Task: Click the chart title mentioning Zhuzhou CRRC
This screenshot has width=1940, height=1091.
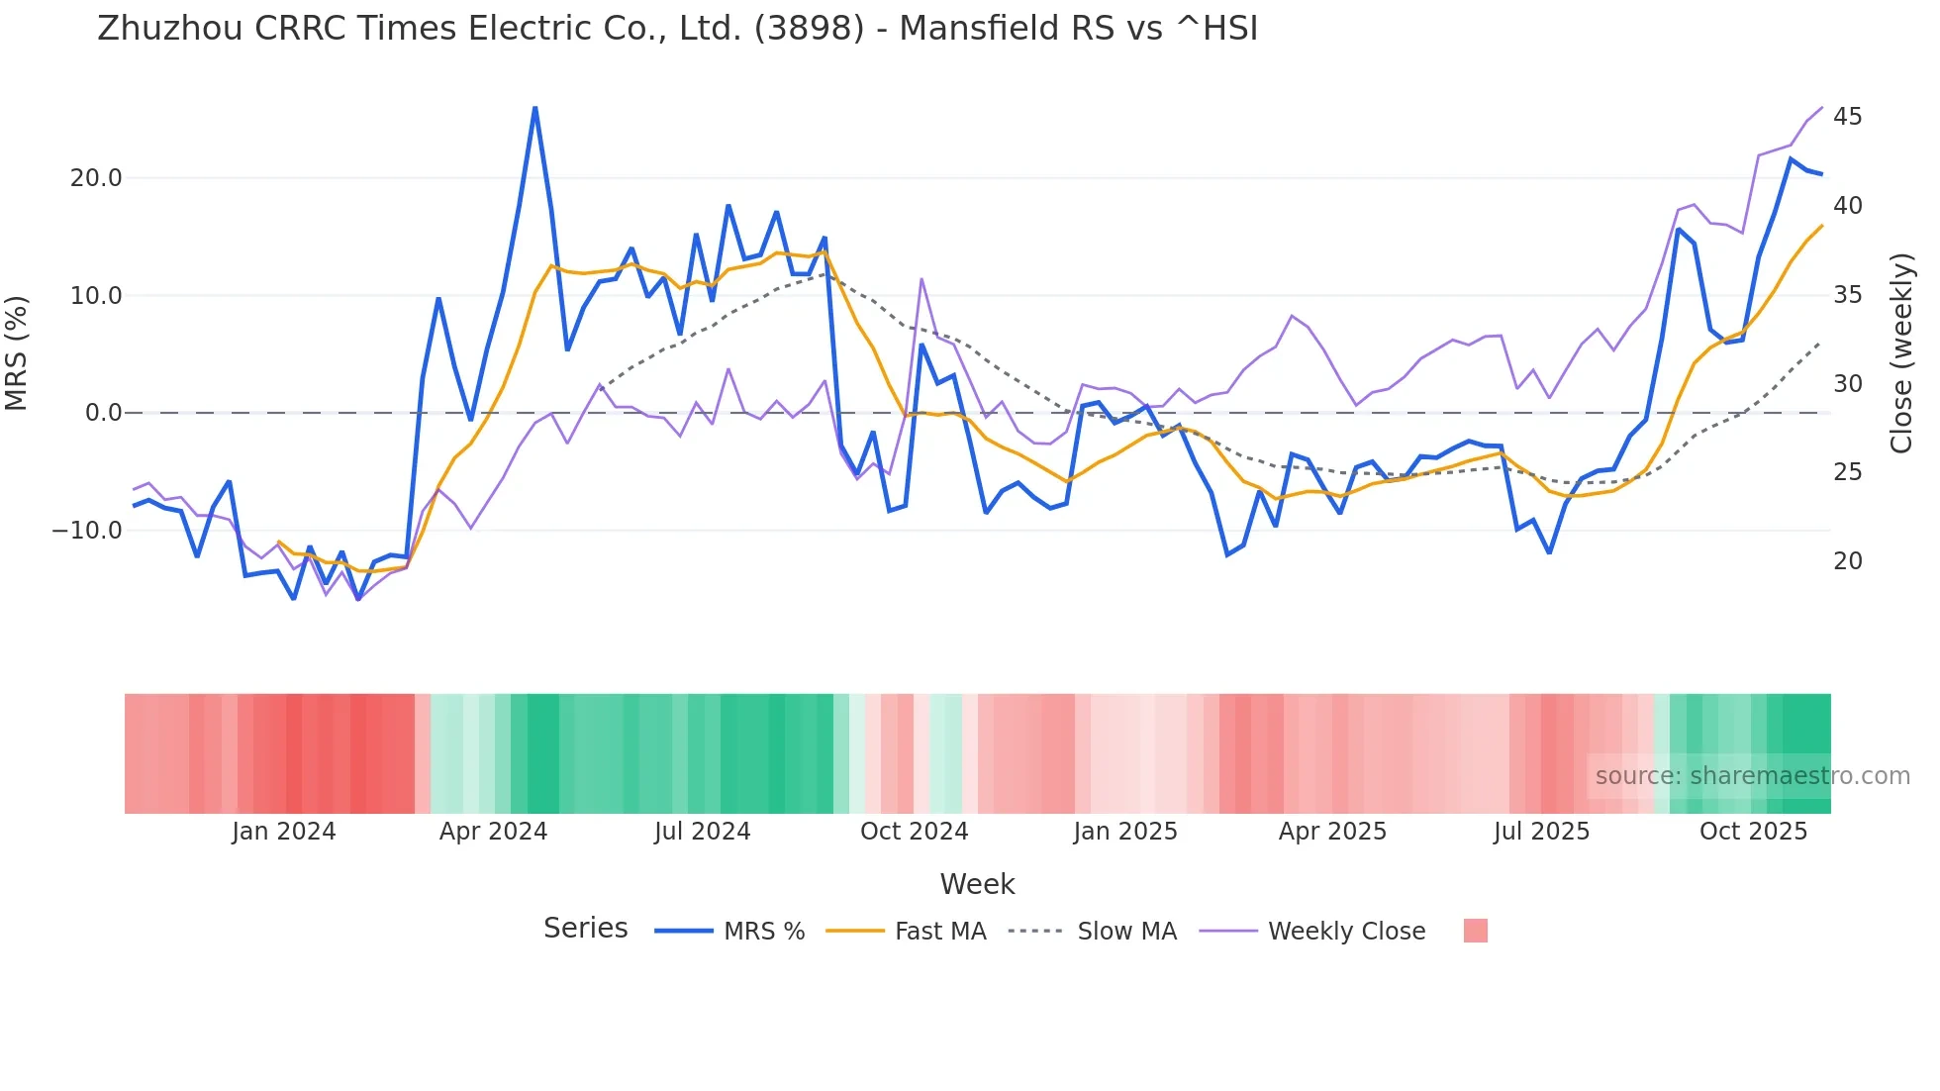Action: tap(677, 29)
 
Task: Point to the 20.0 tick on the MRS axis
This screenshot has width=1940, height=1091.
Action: tap(96, 178)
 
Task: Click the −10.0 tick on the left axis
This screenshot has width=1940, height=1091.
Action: tap(87, 531)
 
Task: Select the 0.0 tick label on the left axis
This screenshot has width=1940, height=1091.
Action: tap(103, 413)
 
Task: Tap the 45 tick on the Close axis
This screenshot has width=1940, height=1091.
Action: tap(1847, 117)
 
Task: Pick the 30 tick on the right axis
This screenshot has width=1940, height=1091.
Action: tap(1847, 383)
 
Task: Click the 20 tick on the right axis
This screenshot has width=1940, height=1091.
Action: tap(1847, 561)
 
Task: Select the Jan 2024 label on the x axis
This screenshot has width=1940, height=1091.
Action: tap(284, 832)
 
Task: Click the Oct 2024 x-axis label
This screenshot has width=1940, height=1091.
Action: tap(914, 832)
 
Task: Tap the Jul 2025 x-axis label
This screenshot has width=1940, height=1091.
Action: tap(1541, 832)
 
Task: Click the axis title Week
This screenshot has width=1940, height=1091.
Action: tap(977, 884)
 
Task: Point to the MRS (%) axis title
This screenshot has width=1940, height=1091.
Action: tap(17, 353)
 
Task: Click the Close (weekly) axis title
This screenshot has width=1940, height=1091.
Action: tap(1901, 353)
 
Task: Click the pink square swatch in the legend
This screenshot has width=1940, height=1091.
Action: tap(1475, 931)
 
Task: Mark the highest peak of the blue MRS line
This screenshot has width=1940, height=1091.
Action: tap(535, 107)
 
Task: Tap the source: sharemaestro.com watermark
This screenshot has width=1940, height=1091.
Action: tap(1752, 776)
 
